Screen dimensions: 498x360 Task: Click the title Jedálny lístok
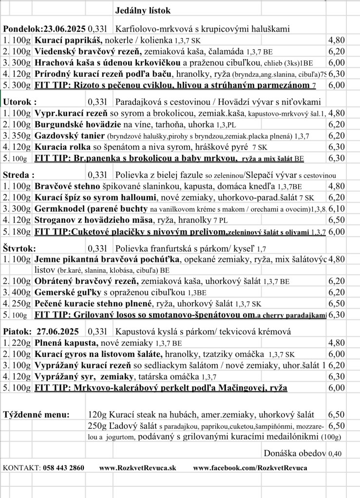pos(143,10)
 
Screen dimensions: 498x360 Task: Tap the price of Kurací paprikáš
pos(337,40)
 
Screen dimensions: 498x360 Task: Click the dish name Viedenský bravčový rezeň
pos(88,51)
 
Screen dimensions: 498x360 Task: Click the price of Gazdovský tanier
pos(337,135)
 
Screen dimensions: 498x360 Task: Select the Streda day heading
pos(19,175)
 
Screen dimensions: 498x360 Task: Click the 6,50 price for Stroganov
pos(337,220)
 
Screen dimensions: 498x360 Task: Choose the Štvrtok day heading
pos(19,248)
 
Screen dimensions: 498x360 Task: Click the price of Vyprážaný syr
pos(337,376)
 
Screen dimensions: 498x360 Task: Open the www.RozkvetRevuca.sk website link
pos(138,468)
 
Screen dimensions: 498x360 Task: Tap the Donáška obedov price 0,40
pos(335,454)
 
